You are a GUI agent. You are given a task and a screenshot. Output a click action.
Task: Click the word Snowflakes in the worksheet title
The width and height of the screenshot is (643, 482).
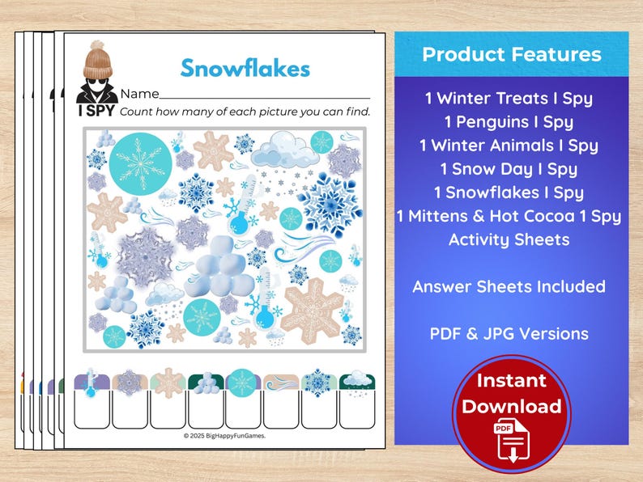click(x=245, y=68)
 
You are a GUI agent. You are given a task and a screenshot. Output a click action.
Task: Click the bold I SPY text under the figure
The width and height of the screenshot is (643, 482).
click(x=96, y=111)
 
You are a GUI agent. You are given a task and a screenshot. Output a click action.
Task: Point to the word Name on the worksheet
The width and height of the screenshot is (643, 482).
click(x=139, y=94)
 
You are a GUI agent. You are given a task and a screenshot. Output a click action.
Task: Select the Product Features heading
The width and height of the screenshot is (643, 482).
click(x=511, y=55)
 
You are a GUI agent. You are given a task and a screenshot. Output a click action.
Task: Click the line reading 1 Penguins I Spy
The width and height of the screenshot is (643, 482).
click(x=509, y=122)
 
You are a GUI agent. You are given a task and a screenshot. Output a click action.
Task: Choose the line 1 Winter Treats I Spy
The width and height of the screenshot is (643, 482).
click(x=509, y=99)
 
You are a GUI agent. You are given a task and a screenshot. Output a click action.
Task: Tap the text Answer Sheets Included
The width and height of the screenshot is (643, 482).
click(x=509, y=286)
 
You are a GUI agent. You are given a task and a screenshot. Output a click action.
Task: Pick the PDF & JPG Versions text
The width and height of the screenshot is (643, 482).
click(x=509, y=333)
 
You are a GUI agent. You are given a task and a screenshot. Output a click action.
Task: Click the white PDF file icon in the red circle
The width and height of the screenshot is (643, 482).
click(x=512, y=442)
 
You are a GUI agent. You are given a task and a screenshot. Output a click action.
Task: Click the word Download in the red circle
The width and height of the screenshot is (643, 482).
click(x=512, y=406)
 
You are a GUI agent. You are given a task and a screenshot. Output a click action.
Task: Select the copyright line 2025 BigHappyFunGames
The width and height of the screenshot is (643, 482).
click(x=224, y=435)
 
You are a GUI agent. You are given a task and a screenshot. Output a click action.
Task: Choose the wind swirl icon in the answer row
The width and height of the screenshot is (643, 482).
click(x=280, y=382)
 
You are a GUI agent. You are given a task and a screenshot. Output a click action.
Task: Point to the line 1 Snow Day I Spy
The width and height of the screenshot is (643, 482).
click(x=509, y=169)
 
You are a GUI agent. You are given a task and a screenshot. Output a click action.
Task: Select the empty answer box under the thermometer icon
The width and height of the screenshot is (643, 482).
click(x=91, y=410)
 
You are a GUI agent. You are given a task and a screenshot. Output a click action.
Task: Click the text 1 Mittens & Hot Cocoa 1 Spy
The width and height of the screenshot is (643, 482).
click(x=509, y=216)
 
